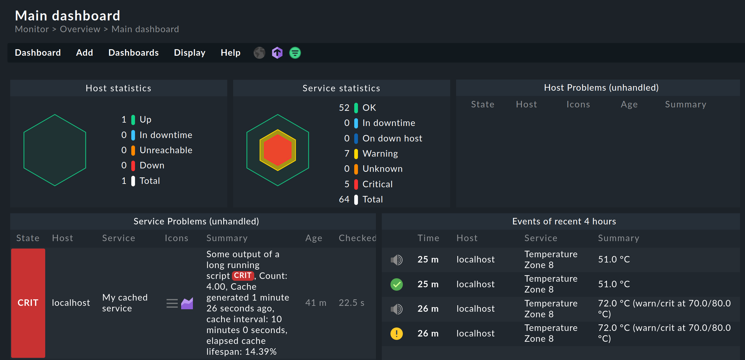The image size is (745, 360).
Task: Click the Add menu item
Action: coord(85,53)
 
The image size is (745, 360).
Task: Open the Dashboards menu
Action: coord(133,53)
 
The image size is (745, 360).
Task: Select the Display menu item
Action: coord(190,53)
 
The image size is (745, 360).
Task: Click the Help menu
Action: coord(230,53)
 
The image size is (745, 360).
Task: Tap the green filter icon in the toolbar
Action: coord(295,53)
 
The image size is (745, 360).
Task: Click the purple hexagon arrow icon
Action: coord(277,53)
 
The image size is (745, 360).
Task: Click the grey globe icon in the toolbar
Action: coord(259,53)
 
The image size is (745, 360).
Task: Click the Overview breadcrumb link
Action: coord(80,29)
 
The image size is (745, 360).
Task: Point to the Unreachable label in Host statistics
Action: coord(166,150)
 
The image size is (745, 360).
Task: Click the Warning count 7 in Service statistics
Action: coord(346,154)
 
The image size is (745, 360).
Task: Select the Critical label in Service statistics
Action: coord(377,184)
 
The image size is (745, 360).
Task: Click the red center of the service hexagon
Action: coord(278,150)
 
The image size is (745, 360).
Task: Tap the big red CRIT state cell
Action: coord(28,303)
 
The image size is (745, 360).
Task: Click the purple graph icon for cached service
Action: coord(187,303)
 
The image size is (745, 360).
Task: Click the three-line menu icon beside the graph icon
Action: coord(172,303)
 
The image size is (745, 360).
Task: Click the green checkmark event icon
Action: coord(396,284)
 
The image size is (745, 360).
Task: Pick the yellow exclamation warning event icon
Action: coord(396,334)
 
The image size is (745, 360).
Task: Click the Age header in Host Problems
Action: coord(629,105)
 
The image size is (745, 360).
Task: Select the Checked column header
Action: coord(357,238)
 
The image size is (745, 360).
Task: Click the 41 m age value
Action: coord(316,303)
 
